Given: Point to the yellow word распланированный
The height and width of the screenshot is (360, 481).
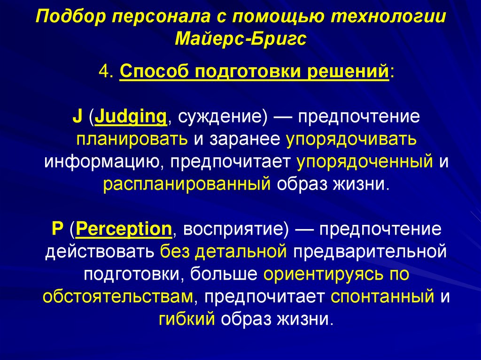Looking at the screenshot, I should click(x=187, y=184).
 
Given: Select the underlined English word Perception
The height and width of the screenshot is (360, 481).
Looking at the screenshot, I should click(x=124, y=230).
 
